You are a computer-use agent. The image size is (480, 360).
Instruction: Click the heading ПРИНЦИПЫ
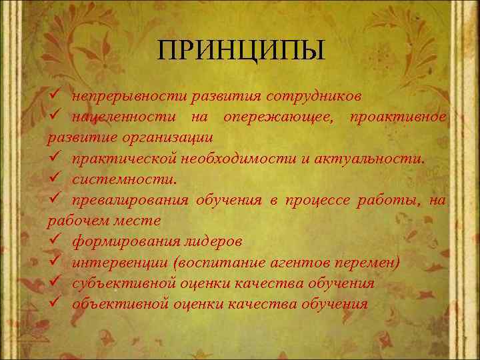click(241, 50)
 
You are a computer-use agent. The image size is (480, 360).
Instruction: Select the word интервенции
click(112, 263)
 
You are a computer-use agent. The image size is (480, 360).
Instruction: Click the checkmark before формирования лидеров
click(54, 241)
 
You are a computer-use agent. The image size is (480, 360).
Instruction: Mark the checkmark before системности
click(54, 179)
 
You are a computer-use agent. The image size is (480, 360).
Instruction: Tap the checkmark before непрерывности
click(54, 97)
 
